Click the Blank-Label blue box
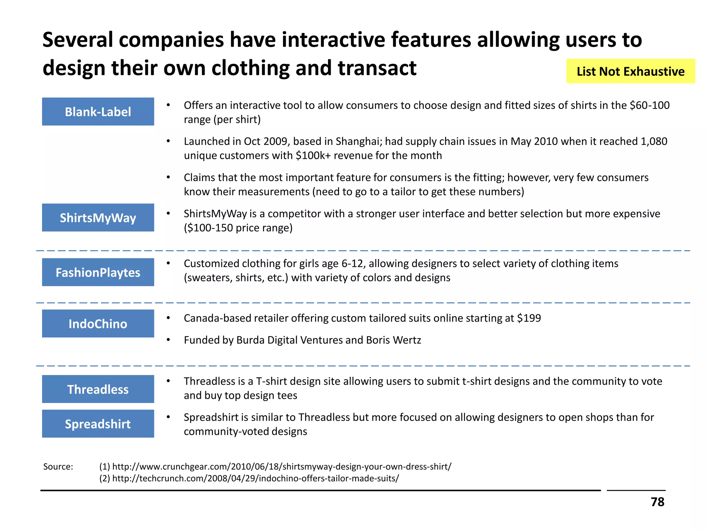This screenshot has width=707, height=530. pyautogui.click(x=98, y=111)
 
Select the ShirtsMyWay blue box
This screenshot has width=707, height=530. pyautogui.click(x=98, y=217)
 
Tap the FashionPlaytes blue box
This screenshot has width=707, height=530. pyautogui.click(x=98, y=272)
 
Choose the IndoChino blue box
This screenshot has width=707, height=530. pyautogui.click(x=98, y=323)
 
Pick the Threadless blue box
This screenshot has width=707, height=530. pyautogui.click(x=98, y=389)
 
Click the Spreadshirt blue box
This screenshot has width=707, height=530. pyautogui.click(x=98, y=423)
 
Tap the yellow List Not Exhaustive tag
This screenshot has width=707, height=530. pyautogui.click(x=630, y=71)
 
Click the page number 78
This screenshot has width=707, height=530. pyautogui.click(x=657, y=502)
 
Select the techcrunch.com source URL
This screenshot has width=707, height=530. pyautogui.click(x=255, y=478)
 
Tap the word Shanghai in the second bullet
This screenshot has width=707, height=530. pyautogui.click(x=358, y=141)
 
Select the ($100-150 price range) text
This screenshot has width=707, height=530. pyautogui.click(x=238, y=228)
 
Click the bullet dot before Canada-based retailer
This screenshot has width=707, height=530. pyautogui.click(x=168, y=318)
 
